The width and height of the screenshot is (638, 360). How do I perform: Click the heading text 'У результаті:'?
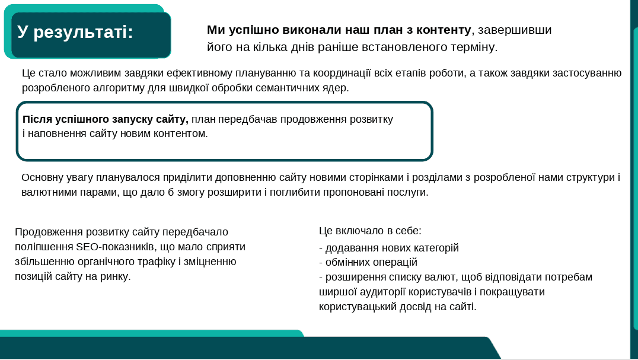(x=75, y=32)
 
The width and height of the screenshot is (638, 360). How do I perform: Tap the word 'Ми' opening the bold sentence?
(x=216, y=30)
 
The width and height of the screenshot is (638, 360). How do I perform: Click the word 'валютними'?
(x=44, y=192)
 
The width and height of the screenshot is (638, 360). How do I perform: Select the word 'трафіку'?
(x=157, y=262)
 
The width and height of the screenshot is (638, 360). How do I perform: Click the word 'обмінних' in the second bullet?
(x=346, y=262)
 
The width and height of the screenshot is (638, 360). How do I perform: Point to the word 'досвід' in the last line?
(x=415, y=307)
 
